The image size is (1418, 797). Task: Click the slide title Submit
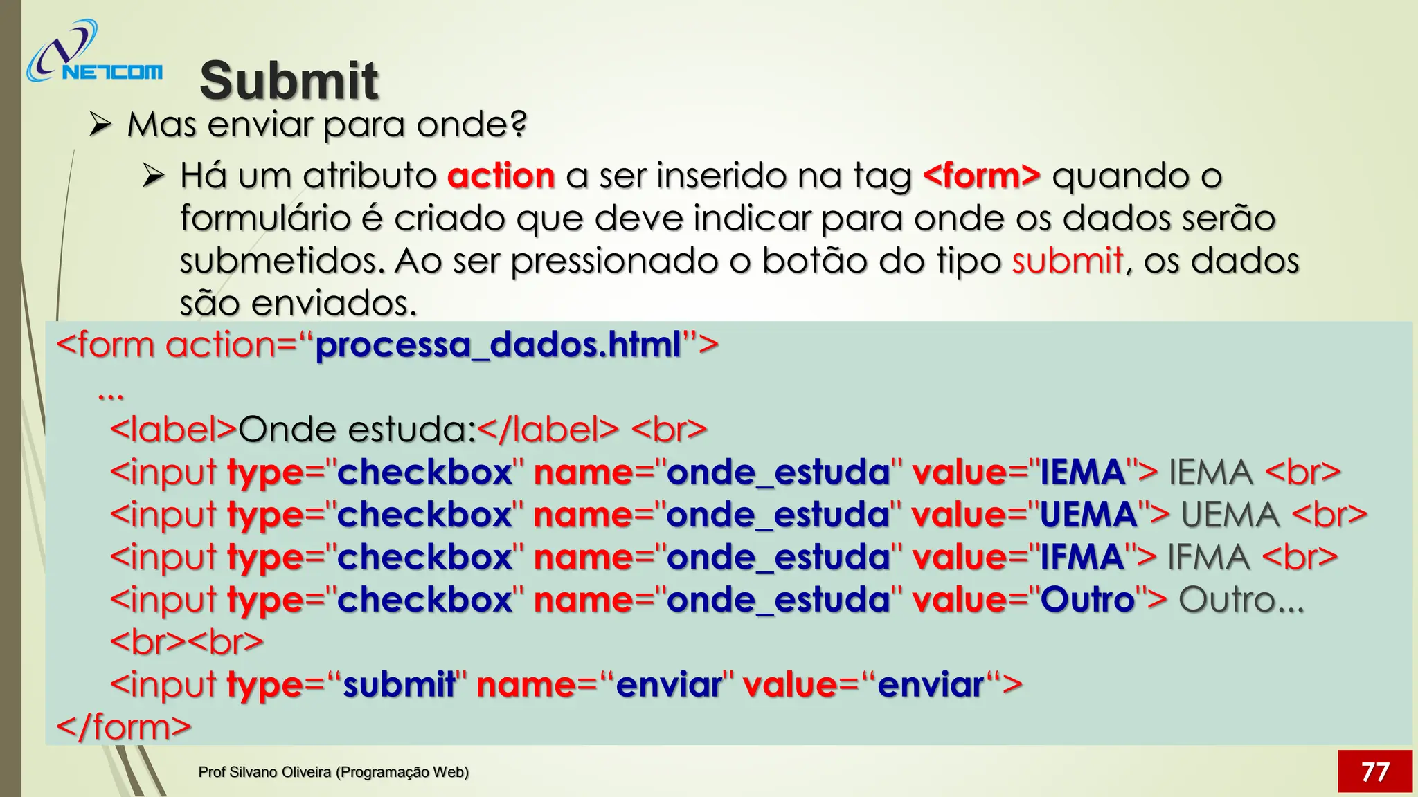289,80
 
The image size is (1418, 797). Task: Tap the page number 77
1374,771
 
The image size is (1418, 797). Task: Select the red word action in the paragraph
501,176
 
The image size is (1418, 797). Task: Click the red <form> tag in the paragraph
982,176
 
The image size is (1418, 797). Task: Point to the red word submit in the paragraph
1067,261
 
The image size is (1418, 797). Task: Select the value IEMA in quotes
1082,473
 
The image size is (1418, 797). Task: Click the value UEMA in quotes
1088,515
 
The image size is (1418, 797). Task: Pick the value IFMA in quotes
1082,558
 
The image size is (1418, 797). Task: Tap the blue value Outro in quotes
1087,600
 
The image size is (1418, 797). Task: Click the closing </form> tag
123,727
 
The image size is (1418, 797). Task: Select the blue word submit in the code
399,685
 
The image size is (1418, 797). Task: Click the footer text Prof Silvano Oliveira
333,772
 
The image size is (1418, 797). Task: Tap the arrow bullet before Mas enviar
100,125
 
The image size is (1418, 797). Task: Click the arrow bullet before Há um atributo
153,176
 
